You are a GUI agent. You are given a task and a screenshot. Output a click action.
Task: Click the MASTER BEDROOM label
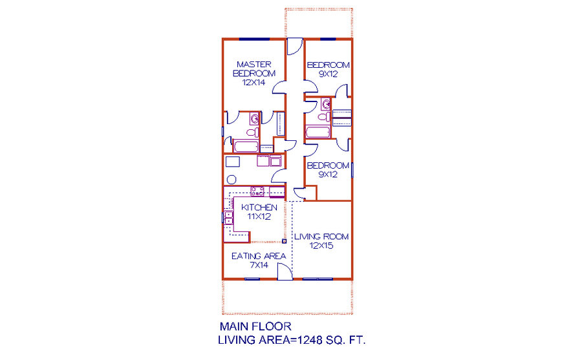(x=254, y=69)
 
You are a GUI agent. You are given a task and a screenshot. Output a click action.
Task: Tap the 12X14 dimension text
(x=254, y=83)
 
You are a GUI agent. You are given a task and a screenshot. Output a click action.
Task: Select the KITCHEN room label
(x=259, y=207)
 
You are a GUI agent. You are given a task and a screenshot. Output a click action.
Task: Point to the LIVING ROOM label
(x=321, y=237)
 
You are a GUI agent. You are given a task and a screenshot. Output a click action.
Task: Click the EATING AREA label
(x=259, y=256)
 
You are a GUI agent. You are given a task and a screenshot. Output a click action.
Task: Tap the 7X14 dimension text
(x=259, y=265)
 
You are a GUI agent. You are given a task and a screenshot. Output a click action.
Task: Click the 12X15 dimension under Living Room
(x=321, y=246)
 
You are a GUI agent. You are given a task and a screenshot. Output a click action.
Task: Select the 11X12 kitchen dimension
(x=259, y=217)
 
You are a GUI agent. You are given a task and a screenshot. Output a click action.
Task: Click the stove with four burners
(x=257, y=191)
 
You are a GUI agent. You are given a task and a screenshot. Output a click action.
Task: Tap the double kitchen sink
(x=228, y=217)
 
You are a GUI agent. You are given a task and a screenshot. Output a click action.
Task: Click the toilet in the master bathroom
(x=253, y=132)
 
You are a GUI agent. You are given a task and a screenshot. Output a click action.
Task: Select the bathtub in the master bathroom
(x=246, y=146)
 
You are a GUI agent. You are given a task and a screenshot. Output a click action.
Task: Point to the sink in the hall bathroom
(x=326, y=104)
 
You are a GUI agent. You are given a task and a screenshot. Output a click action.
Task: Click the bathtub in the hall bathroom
(x=318, y=132)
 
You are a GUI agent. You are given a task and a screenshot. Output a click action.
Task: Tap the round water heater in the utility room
(x=232, y=180)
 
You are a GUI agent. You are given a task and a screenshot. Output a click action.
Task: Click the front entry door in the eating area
(x=285, y=271)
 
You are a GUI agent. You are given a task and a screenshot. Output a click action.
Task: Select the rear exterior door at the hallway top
(x=295, y=47)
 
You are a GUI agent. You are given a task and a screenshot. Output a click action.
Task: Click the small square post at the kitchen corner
(x=285, y=241)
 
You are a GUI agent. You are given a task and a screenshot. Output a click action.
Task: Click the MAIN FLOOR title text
(x=255, y=326)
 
